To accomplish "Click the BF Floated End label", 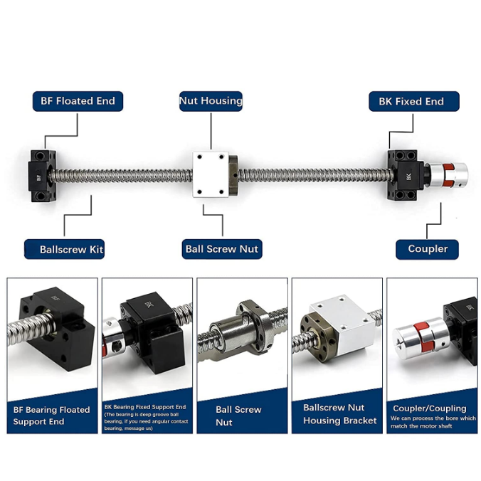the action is coord(78,101).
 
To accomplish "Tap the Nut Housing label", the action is coord(211,101).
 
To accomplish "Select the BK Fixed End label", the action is coord(414,101).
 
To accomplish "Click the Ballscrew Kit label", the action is coord(65,249).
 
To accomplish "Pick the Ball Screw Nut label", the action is coord(222,249).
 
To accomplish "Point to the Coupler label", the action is coord(427,250).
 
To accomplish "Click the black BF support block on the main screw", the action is coord(42,176).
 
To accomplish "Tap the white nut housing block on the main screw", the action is coord(211,174).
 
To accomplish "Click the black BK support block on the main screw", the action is coord(406,175).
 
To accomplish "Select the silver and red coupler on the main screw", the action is coord(448,175).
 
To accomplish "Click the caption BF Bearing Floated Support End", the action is coord(51,416).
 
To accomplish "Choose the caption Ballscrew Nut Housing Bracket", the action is coord(340,414).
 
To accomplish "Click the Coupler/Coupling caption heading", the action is coord(430,408).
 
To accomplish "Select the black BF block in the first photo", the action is coord(57,327).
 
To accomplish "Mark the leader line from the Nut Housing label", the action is coord(211,131).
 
